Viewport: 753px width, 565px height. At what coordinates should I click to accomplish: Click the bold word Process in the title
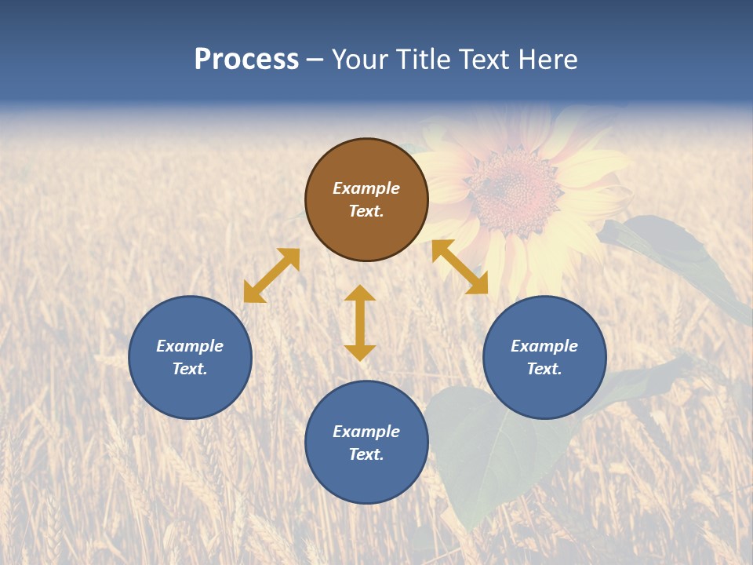(x=246, y=60)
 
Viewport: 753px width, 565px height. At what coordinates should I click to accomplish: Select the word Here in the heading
(x=546, y=60)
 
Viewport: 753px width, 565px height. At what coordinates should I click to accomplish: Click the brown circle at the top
(x=366, y=200)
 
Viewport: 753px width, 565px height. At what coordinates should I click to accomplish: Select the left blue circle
(x=190, y=358)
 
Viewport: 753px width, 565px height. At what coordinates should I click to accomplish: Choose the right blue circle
(x=544, y=358)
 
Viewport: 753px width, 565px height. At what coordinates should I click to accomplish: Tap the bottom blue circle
(x=366, y=443)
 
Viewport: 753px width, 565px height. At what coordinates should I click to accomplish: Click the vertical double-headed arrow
(x=360, y=323)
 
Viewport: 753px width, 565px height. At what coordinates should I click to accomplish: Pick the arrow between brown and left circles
(x=271, y=275)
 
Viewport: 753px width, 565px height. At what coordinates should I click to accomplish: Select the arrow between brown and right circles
(x=460, y=267)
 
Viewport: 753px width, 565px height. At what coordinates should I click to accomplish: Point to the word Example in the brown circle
(x=366, y=188)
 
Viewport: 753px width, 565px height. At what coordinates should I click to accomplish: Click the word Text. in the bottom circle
(x=366, y=454)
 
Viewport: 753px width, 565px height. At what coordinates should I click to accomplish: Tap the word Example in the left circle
(x=190, y=346)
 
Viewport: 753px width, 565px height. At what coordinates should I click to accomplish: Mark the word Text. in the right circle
(x=544, y=369)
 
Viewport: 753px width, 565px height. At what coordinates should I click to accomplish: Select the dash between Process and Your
(x=315, y=60)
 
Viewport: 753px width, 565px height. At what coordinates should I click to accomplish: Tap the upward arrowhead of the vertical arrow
(x=360, y=293)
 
